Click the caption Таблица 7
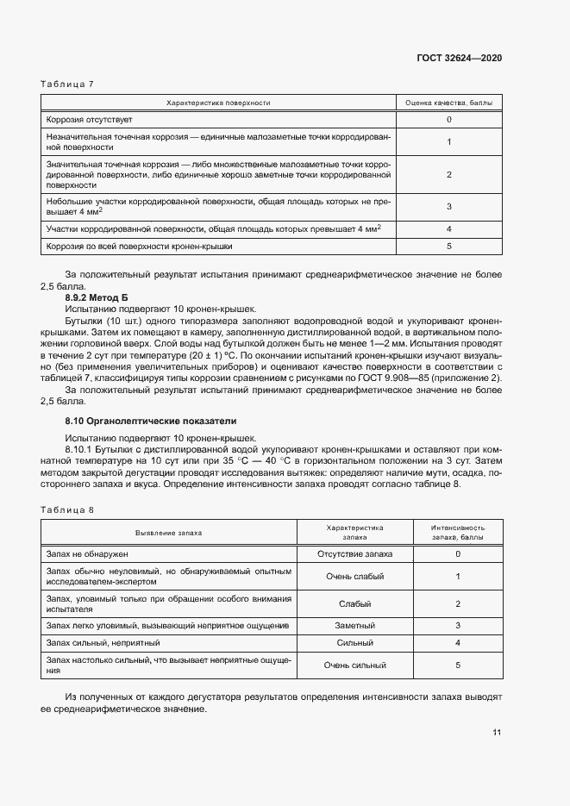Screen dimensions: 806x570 point(67,84)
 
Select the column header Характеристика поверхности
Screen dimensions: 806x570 point(218,103)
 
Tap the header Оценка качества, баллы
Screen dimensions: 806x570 point(449,103)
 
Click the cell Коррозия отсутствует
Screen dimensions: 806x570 point(90,120)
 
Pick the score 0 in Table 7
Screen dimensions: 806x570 point(449,120)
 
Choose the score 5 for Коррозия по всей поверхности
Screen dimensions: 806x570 point(449,246)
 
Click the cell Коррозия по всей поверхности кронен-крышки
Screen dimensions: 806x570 point(140,246)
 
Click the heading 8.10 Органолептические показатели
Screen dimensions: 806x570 point(150,421)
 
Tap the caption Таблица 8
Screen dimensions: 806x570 point(67,510)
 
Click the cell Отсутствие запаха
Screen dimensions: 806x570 point(355,553)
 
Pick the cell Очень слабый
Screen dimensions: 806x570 point(355,576)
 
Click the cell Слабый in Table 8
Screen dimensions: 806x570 point(355,603)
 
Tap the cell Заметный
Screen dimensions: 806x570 point(355,625)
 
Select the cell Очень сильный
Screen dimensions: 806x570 point(355,665)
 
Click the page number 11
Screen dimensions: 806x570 point(497,733)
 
